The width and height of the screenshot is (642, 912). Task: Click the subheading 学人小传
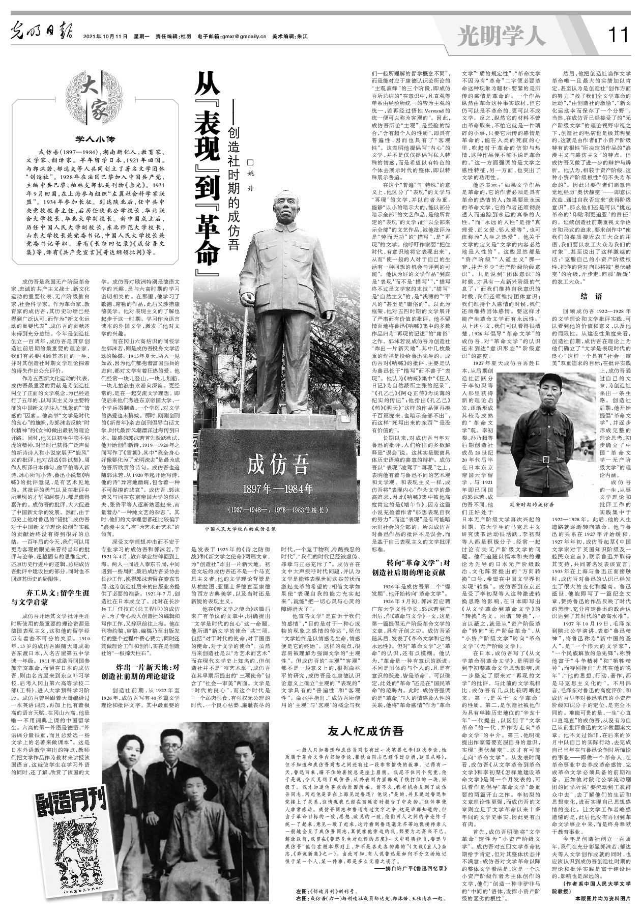pyautogui.click(x=96, y=138)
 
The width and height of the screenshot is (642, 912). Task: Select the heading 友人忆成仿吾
pyautogui.click(x=366, y=731)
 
